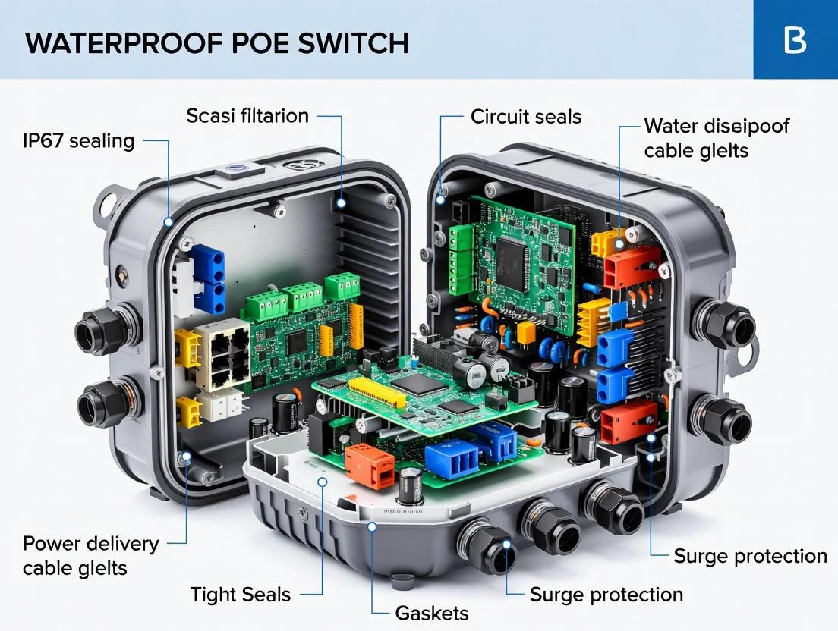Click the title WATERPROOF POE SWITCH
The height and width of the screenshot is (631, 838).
click(217, 42)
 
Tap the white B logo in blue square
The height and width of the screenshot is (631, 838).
click(795, 39)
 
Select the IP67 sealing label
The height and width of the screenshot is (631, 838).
click(79, 140)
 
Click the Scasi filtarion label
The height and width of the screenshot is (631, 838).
click(247, 116)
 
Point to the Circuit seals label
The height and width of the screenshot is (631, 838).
click(525, 116)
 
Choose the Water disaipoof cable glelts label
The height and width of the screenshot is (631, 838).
click(716, 138)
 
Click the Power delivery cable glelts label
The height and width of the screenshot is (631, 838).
click(91, 555)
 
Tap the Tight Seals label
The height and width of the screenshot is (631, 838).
click(241, 595)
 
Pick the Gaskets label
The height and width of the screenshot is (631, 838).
click(432, 613)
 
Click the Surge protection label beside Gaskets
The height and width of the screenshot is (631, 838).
click(606, 594)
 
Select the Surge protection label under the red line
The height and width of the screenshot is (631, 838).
click(750, 556)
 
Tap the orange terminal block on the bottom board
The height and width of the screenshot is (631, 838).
click(370, 465)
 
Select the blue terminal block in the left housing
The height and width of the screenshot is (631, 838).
click(208, 278)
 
